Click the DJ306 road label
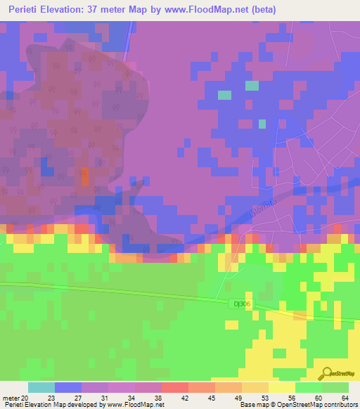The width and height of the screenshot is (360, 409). pyautogui.click(x=243, y=303)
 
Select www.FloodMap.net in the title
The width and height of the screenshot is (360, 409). pyautogui.click(x=214, y=10)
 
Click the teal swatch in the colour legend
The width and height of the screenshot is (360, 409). pyautogui.click(x=41, y=387)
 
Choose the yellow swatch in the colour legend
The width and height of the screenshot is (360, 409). pyautogui.click(x=281, y=387)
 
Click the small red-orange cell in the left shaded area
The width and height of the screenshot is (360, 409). pyautogui.click(x=84, y=176)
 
